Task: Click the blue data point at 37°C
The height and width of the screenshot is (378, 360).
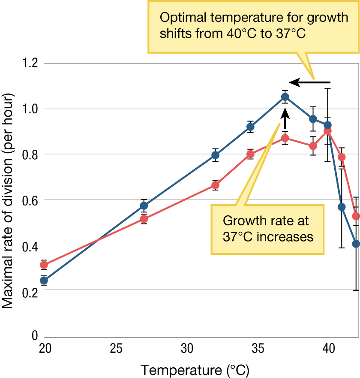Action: point(285,97)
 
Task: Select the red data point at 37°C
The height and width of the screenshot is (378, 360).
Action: point(285,138)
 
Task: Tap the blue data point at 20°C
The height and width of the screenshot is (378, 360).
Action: point(44,281)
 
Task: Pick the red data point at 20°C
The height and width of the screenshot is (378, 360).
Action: point(44,265)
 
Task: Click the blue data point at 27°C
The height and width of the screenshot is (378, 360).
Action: point(144,206)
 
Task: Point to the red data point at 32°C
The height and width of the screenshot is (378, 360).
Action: point(216,185)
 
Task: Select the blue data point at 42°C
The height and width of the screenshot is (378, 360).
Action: point(356,244)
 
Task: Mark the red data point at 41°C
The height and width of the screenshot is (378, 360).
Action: point(342,157)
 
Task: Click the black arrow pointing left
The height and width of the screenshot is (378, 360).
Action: point(309,82)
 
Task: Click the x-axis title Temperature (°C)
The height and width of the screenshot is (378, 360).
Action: point(195,369)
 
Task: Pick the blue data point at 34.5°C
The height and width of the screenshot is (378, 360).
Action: point(250,127)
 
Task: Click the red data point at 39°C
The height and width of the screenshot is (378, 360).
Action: point(313,146)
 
